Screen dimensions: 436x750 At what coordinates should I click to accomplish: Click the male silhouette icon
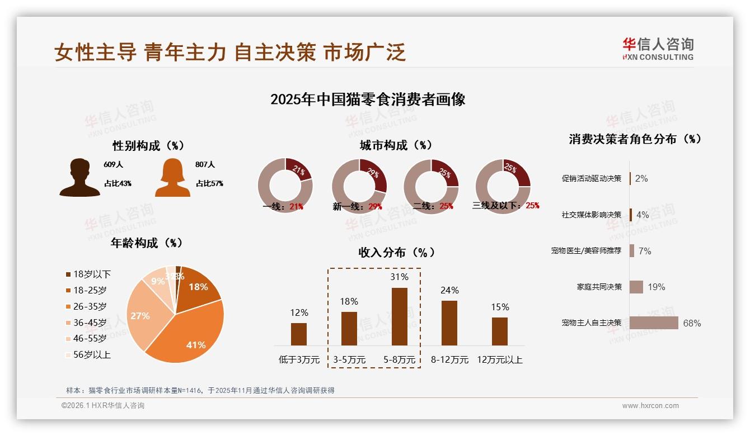(x=79, y=177)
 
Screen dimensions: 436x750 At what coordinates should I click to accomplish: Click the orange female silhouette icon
(x=172, y=177)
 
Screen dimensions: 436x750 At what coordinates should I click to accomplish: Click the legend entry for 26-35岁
(x=89, y=306)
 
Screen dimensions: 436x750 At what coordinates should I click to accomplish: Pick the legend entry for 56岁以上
(x=91, y=354)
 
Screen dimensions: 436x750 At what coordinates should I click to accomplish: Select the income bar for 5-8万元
(x=399, y=316)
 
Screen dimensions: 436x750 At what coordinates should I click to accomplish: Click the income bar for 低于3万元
(x=299, y=334)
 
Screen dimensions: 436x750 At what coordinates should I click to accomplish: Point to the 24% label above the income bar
(x=449, y=290)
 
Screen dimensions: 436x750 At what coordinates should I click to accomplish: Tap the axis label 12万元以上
(x=499, y=359)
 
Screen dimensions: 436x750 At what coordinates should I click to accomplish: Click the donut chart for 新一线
(x=359, y=185)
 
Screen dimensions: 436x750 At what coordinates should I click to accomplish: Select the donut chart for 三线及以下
(x=502, y=185)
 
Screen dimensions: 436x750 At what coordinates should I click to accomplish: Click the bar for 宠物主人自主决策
(x=654, y=323)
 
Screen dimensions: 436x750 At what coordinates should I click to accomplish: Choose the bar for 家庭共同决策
(x=636, y=287)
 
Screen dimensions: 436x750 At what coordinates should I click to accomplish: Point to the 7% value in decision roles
(x=645, y=251)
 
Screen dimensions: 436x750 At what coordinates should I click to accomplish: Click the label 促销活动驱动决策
(x=591, y=178)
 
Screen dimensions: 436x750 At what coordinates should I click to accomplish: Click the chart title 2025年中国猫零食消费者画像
(x=368, y=99)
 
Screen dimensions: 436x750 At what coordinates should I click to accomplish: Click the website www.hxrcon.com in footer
(x=650, y=406)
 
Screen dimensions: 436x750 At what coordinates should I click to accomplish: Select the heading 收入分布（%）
(x=396, y=252)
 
